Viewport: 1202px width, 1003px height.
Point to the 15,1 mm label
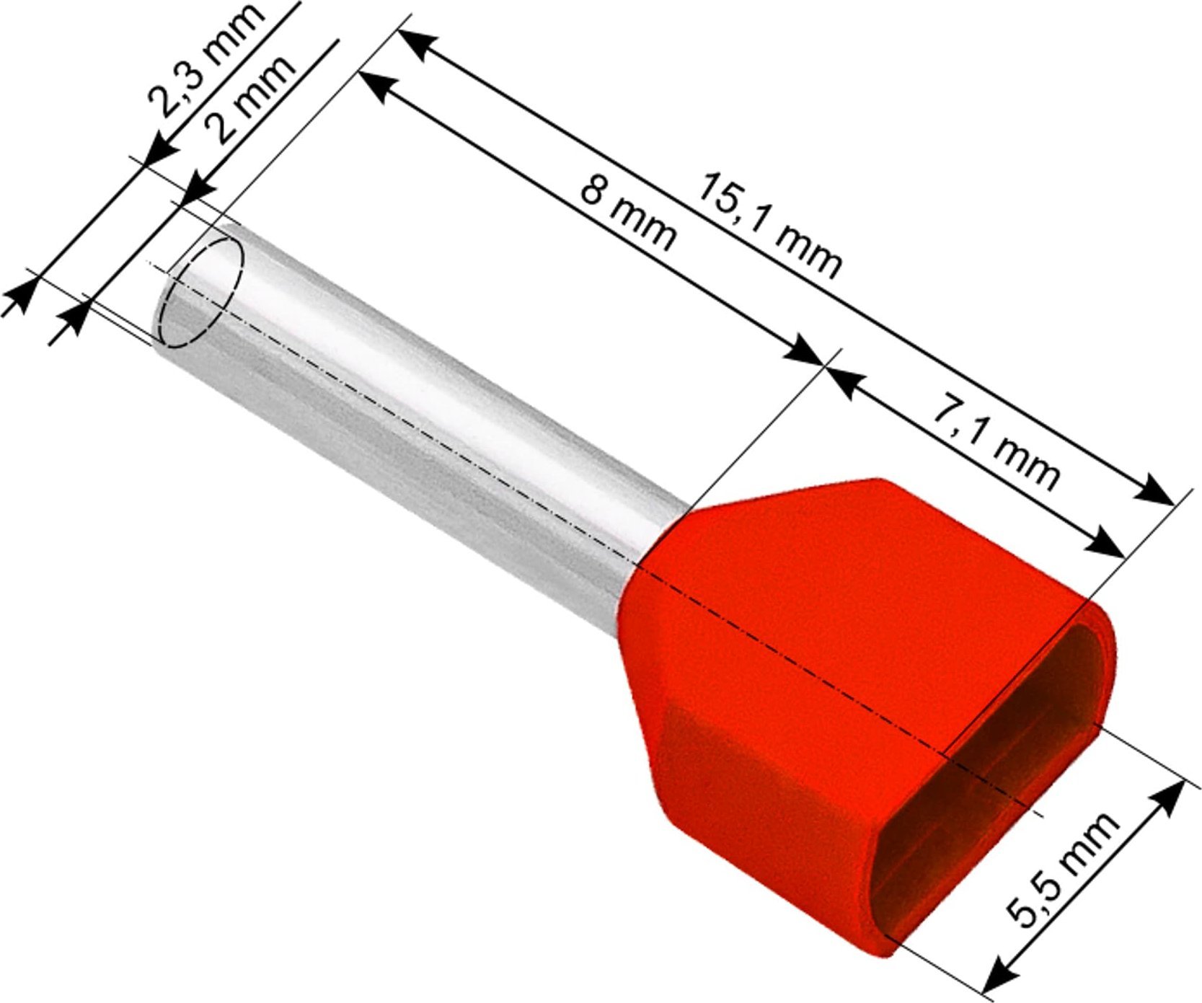tap(768, 224)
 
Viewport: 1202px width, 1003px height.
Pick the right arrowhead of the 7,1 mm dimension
tap(1106, 544)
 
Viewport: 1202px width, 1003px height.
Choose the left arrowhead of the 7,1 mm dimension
tap(843, 381)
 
